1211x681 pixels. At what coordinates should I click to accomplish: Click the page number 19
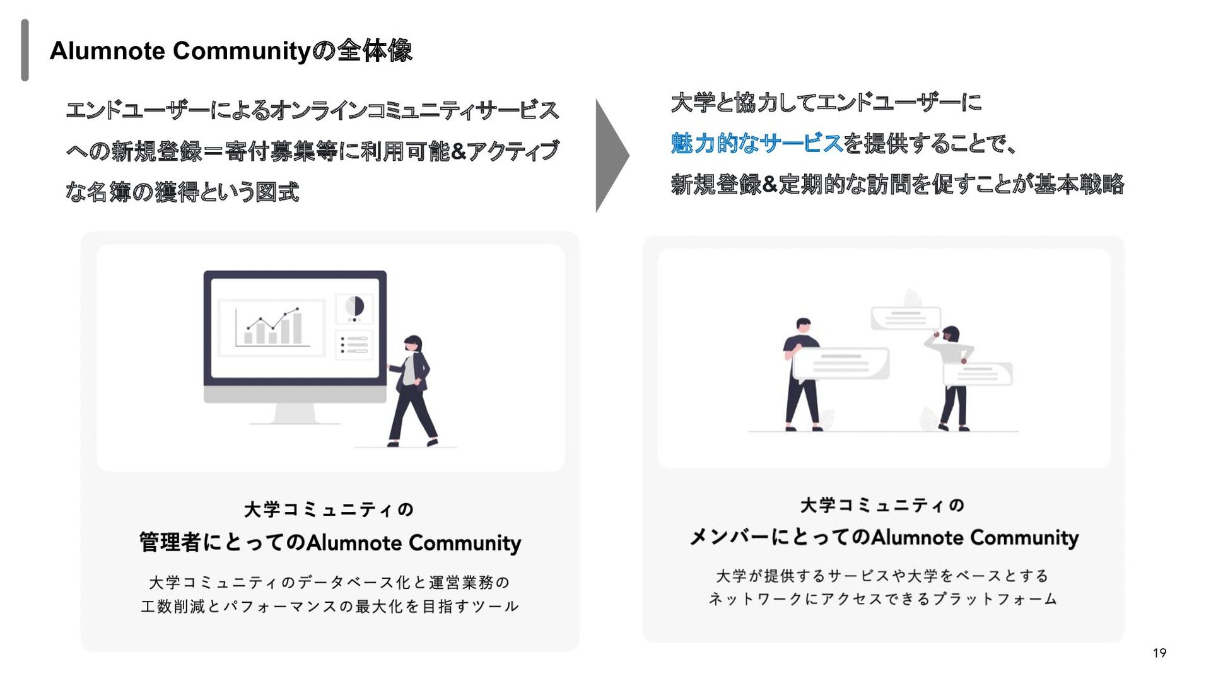[x=1159, y=653]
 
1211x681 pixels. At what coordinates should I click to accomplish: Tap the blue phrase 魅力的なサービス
[x=756, y=144]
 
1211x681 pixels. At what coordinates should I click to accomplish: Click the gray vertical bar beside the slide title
[x=25, y=50]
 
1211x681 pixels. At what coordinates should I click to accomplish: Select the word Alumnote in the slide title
[x=107, y=51]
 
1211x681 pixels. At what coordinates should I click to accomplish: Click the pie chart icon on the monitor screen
[x=354, y=307]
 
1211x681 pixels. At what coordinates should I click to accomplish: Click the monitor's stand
[x=295, y=414]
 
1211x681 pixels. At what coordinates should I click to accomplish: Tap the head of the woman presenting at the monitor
[x=413, y=343]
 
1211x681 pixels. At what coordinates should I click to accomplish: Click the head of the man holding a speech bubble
[x=803, y=325]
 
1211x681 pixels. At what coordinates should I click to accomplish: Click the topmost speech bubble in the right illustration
[x=905, y=317]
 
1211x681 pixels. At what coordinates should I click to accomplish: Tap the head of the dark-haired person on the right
[x=950, y=334]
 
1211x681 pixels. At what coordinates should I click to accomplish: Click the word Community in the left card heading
[x=464, y=543]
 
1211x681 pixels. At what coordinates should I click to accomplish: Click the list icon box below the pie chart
[x=354, y=345]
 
